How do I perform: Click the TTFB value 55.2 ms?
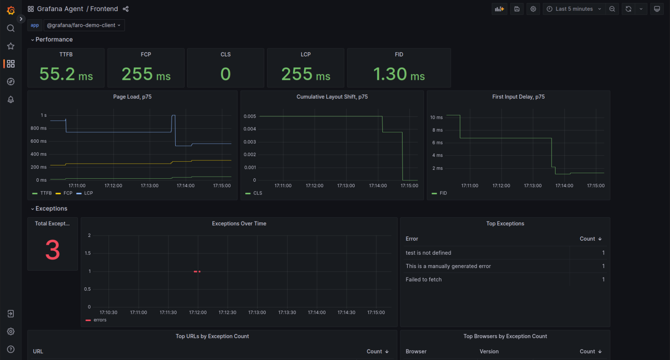pos(66,74)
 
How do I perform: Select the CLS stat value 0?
pos(226,74)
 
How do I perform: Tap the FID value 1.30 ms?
pos(399,74)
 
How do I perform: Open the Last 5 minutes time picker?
pos(574,9)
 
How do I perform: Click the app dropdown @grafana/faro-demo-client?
pos(84,25)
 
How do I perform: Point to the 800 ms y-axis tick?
pos(38,128)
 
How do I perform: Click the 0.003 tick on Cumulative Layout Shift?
pos(250,142)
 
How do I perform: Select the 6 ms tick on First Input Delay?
pos(437,143)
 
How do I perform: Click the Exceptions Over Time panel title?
pos(239,224)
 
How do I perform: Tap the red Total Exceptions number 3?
pos(53,250)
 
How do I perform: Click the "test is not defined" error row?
pos(428,253)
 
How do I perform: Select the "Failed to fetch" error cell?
pos(423,280)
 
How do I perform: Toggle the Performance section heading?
pos(54,39)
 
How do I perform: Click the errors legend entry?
pos(100,320)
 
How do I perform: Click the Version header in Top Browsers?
pos(489,351)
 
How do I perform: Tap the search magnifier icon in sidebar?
pos(11,28)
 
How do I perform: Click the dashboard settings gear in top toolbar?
pos(533,9)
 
